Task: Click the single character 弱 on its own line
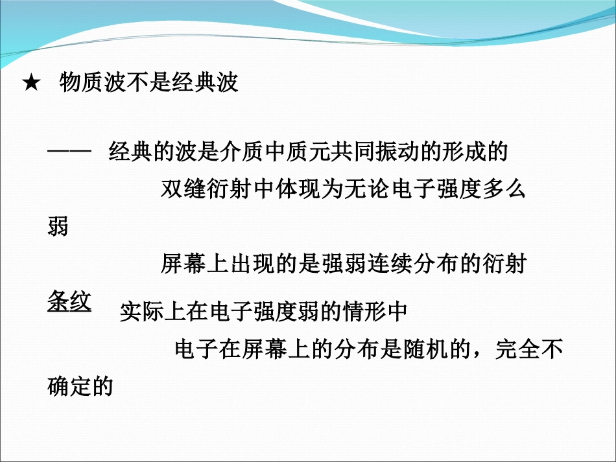point(58,227)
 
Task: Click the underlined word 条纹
point(69,302)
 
